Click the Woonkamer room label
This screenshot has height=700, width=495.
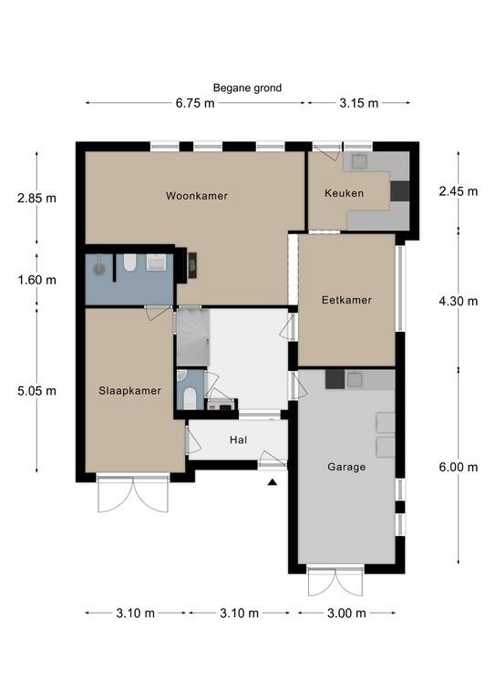point(196,196)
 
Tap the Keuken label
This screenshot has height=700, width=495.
point(344,193)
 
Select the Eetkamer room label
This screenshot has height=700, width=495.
point(346,300)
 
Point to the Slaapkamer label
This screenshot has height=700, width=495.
point(129,391)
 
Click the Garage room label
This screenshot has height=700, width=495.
point(346,467)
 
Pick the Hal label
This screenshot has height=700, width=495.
point(238,440)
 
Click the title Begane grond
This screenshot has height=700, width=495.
point(247,87)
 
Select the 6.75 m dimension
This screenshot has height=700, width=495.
point(195,104)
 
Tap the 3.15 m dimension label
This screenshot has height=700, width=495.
point(359,104)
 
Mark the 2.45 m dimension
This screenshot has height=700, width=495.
point(459,191)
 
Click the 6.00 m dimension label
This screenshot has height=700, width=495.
point(459,468)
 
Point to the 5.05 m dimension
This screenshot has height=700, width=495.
point(37,391)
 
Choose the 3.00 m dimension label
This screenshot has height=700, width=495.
point(346,613)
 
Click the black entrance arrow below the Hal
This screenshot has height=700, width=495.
point(273,482)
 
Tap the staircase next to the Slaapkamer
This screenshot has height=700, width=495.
point(193,337)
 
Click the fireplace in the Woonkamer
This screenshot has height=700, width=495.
point(192,265)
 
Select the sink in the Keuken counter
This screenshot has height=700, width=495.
point(359,161)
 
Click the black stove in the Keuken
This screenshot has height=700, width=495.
point(400,191)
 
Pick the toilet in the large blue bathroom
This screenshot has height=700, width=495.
point(129,263)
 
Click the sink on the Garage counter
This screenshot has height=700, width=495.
point(355,379)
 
